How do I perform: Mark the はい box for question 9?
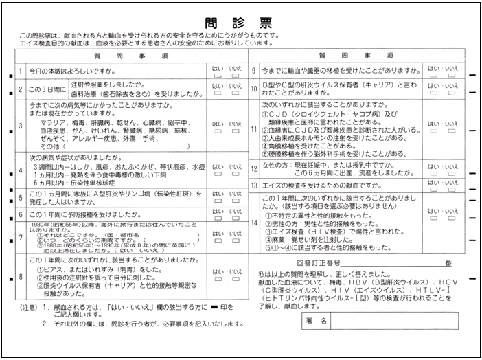(x=433, y=76)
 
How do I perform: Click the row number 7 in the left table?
(x=21, y=237)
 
